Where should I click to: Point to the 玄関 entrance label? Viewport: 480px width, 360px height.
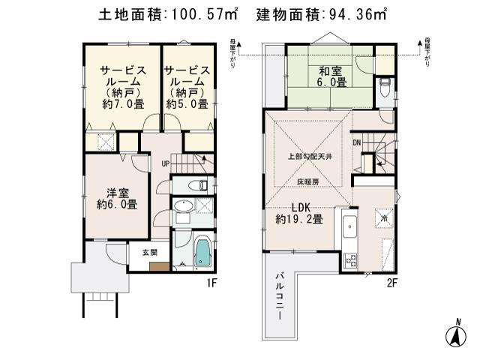pyautogui.click(x=148, y=253)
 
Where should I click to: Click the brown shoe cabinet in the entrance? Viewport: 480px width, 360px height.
pyautogui.click(x=158, y=265)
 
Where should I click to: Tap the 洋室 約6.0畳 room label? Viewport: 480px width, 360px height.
pyautogui.click(x=116, y=197)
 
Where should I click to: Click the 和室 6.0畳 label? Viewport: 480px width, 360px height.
pyautogui.click(x=330, y=77)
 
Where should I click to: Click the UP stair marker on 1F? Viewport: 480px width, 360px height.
pyautogui.click(x=163, y=163)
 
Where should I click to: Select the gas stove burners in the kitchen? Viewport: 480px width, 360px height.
pyautogui.click(x=349, y=260)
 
